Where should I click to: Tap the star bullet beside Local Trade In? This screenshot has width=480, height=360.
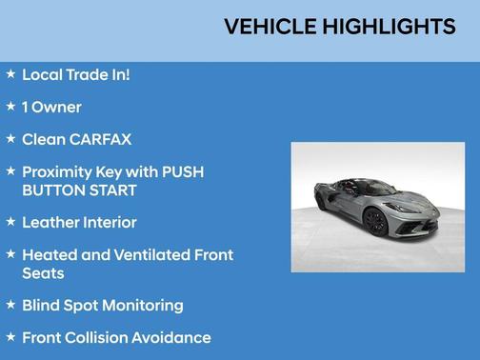click(x=10, y=73)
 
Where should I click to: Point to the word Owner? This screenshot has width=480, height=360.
click(x=57, y=107)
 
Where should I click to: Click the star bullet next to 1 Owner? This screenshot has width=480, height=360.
click(x=10, y=106)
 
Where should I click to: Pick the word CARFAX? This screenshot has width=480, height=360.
click(x=99, y=139)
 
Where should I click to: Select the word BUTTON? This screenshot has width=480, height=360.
click(x=53, y=190)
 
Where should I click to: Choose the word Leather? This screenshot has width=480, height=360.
click(x=53, y=222)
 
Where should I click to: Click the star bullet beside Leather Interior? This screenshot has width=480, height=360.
click(x=10, y=221)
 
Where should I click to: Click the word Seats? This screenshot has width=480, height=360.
click(x=43, y=272)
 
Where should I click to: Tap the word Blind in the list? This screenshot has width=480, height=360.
click(x=42, y=305)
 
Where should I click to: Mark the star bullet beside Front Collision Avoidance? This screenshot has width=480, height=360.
click(x=10, y=336)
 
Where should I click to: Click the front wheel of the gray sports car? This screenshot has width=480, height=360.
click(x=375, y=223)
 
